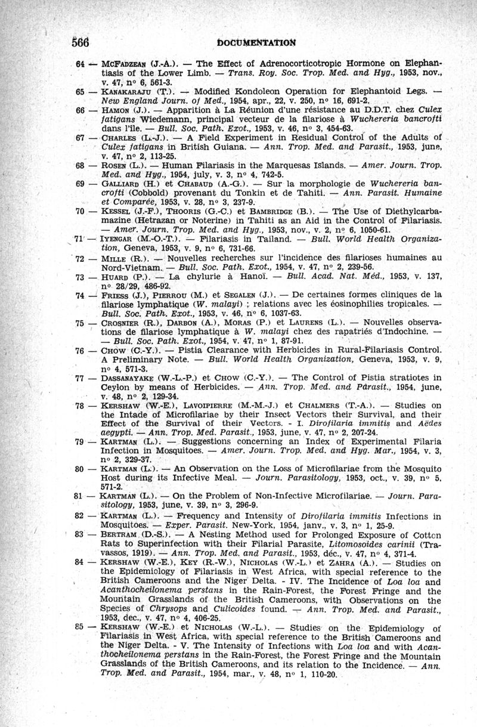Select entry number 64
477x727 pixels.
pyautogui.click(x=81, y=63)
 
